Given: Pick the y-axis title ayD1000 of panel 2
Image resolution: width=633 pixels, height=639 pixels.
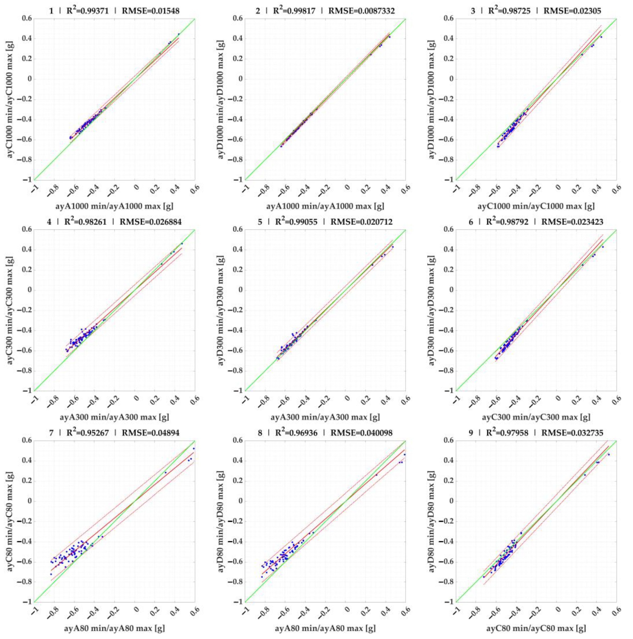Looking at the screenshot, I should click(x=221, y=99).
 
